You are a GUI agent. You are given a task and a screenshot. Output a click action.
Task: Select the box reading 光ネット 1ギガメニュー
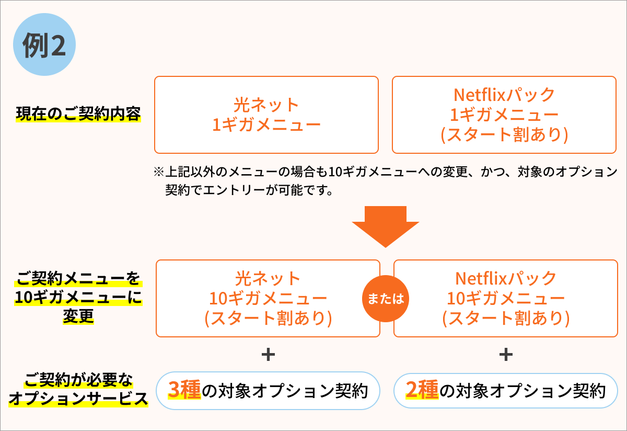(266, 115)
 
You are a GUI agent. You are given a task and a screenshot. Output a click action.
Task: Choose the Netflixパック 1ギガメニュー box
(504, 115)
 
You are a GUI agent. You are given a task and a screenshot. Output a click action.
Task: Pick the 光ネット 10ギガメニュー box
(268, 298)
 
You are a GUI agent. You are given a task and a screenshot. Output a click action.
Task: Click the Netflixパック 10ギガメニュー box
(505, 298)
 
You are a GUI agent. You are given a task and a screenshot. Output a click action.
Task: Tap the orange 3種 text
(184, 390)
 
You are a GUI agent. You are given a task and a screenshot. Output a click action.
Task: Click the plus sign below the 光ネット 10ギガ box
(268, 355)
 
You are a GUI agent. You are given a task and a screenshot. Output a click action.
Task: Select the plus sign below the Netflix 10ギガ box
(505, 355)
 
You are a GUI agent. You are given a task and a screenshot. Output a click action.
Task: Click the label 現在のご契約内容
(78, 114)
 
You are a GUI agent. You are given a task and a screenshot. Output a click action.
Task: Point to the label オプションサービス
(78, 399)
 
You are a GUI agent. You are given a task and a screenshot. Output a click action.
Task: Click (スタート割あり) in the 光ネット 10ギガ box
(268, 318)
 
